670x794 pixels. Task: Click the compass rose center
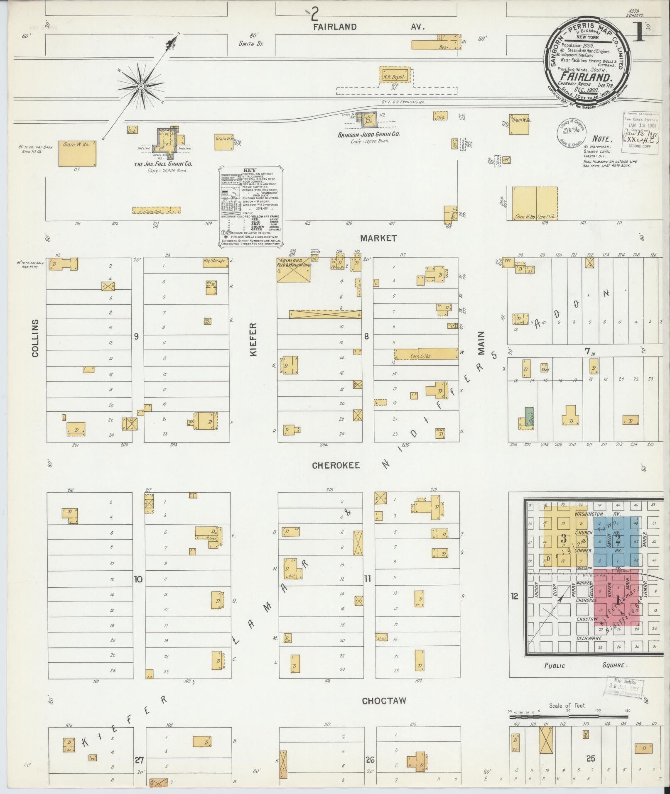click(141, 86)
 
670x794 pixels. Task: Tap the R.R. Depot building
click(394, 76)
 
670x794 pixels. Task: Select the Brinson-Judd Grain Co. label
click(369, 134)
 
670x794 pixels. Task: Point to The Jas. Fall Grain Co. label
click(163, 164)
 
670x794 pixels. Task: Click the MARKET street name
click(378, 238)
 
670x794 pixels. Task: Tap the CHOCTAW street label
click(384, 701)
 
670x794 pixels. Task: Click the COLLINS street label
click(35, 338)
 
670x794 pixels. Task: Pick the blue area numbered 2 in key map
click(618, 540)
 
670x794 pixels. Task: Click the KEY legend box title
click(251, 171)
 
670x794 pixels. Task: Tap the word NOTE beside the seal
click(602, 139)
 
